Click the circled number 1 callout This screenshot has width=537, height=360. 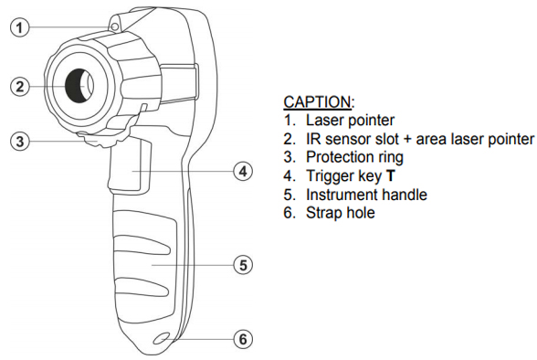20,27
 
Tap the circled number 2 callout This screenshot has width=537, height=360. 20,86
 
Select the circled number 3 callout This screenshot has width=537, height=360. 20,141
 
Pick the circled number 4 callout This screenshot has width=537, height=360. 243,171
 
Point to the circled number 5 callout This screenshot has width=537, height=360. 243,265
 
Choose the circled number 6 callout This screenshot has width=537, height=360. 243,339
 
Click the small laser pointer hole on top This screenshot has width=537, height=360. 115,26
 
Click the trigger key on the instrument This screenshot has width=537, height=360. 130,164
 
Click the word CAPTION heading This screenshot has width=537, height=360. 317,102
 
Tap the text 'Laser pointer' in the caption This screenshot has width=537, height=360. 350,121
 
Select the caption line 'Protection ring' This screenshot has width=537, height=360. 354,157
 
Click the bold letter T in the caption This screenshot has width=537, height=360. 391,175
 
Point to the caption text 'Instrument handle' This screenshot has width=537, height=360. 366,195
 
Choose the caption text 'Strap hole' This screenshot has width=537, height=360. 341,213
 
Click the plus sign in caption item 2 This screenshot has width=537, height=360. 407,140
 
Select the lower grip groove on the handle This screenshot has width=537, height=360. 142,287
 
